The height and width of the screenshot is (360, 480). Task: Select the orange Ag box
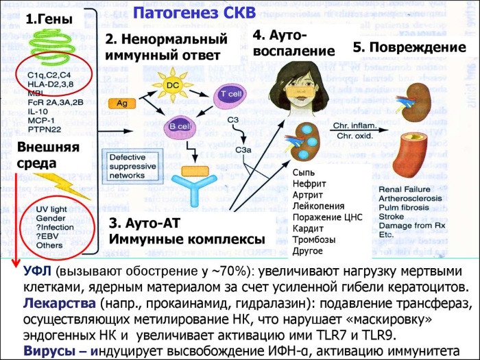(119, 103)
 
